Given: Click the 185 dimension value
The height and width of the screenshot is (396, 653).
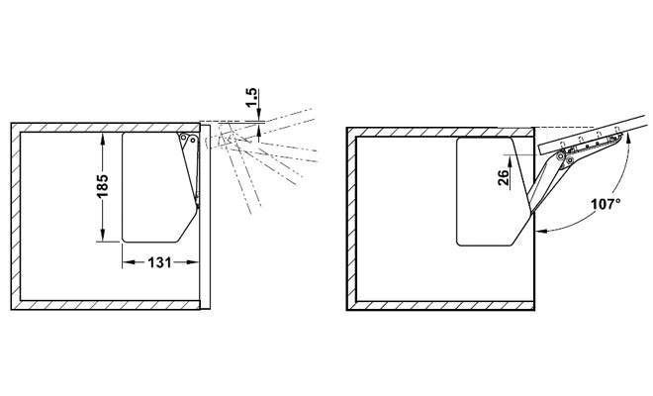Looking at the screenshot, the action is [x=102, y=186].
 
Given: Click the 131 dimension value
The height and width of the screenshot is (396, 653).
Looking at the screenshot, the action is [x=160, y=262].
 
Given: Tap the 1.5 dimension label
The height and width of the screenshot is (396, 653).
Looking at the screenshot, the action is [x=252, y=98].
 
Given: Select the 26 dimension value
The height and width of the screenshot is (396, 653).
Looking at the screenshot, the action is [x=503, y=177].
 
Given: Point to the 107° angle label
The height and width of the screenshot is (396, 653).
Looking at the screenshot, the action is [x=606, y=204].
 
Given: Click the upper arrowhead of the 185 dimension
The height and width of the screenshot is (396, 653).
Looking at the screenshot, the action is [x=103, y=139].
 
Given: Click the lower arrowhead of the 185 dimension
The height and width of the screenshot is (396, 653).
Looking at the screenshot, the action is [x=103, y=236].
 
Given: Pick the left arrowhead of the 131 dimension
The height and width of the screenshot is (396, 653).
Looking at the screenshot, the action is [x=128, y=262].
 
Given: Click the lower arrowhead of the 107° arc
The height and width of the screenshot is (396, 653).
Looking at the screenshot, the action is [x=541, y=230].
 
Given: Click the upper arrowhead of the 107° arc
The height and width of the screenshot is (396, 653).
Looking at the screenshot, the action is [x=626, y=139].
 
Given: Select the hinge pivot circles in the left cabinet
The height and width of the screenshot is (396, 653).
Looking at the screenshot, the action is [x=187, y=139].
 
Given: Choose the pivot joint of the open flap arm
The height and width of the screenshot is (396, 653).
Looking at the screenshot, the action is [x=565, y=157].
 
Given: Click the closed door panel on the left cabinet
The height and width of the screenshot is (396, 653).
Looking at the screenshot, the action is [x=205, y=216].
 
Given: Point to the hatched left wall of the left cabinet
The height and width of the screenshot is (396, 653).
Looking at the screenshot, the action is [x=16, y=216].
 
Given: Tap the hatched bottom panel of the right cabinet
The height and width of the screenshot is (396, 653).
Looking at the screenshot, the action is [x=440, y=306].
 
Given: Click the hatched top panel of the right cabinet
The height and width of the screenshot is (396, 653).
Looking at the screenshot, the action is [x=440, y=132].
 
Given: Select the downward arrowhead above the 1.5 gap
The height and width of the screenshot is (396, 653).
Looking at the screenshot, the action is [x=259, y=116].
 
